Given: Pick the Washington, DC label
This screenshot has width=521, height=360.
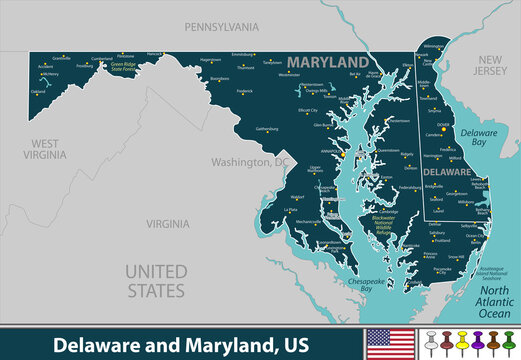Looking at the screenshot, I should tap(247, 161).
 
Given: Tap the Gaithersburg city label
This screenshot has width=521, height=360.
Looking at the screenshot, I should tap(261, 129).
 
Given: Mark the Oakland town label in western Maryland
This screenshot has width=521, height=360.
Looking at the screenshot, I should tap(38, 92).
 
